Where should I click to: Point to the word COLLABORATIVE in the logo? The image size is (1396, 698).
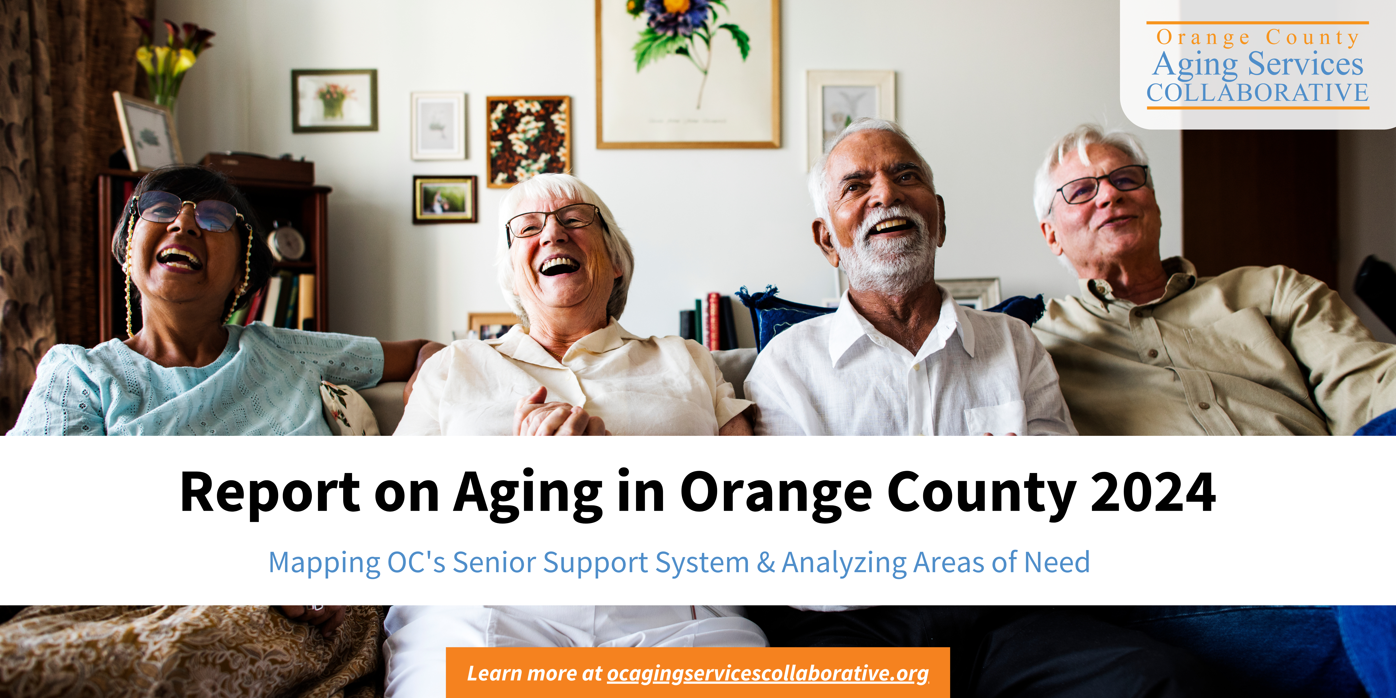[x=1257, y=93]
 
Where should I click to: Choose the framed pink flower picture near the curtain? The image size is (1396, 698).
[x=334, y=101]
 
